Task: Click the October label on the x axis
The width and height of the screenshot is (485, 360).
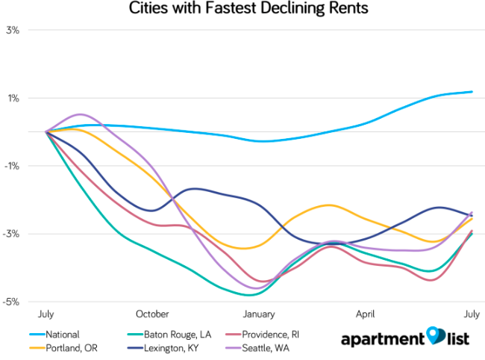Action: coord(153,314)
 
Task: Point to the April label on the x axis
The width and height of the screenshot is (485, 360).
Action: coord(366,314)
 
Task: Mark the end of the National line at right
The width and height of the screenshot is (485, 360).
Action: coord(472,92)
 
